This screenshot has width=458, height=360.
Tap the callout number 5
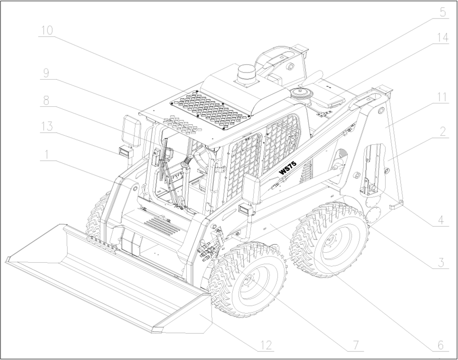coord(443,12)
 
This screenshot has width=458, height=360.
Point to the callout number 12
coord(266,345)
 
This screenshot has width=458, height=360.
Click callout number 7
coord(356,345)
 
